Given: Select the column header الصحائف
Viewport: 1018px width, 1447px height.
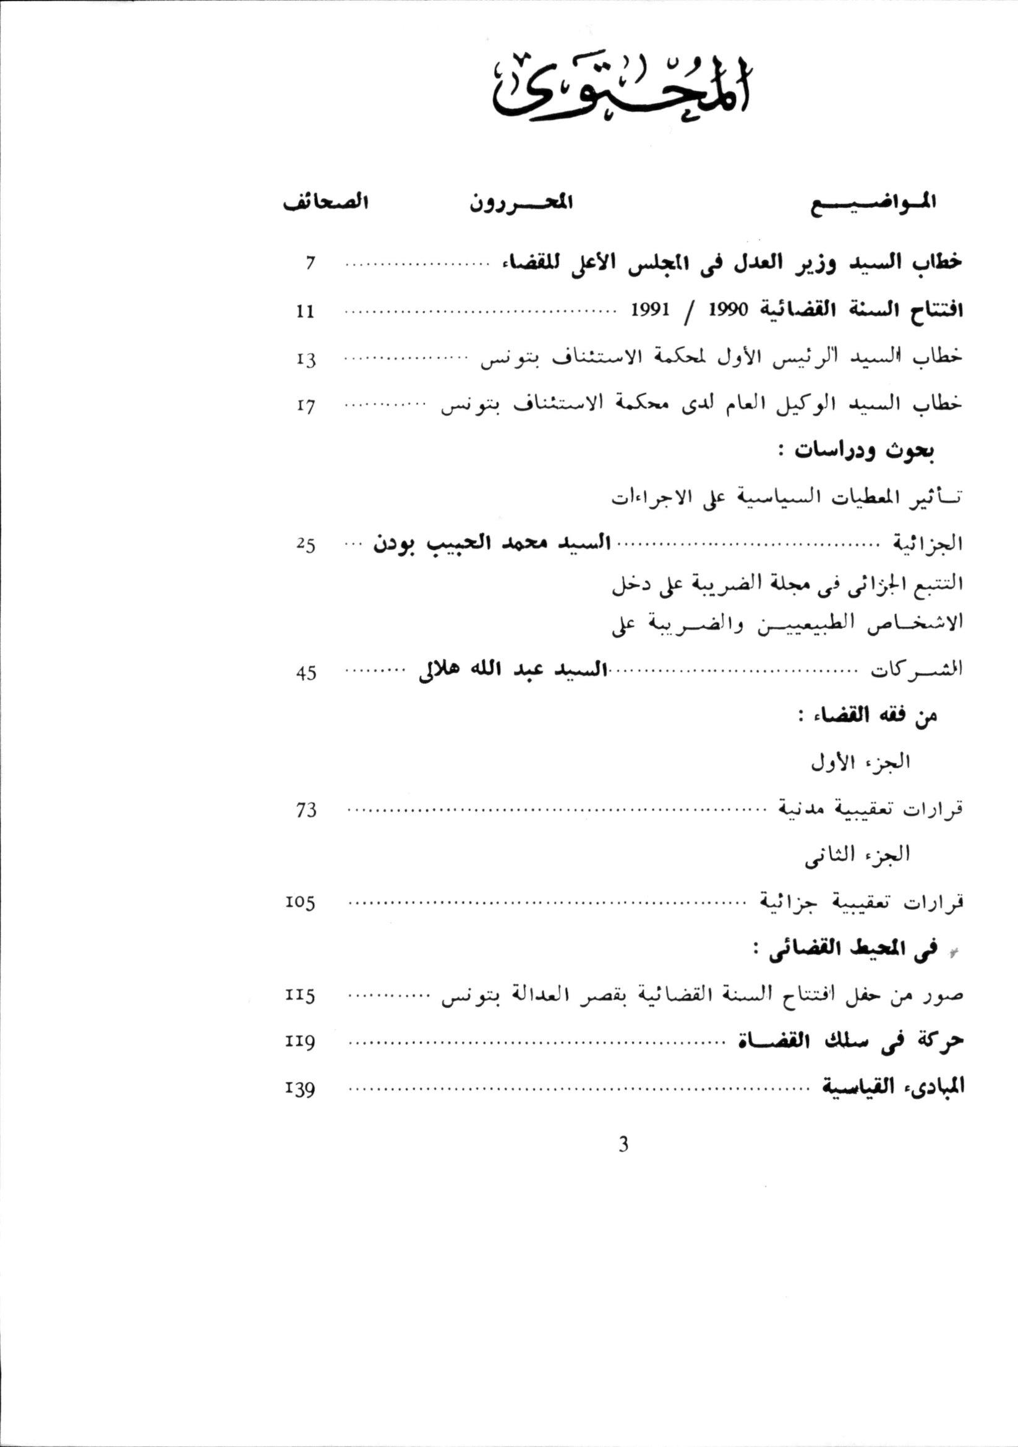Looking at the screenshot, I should tap(325, 205).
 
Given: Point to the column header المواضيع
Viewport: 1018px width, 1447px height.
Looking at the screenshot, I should tap(876, 205).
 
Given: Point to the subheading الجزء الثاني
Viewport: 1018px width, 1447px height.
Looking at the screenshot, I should tap(858, 856).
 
